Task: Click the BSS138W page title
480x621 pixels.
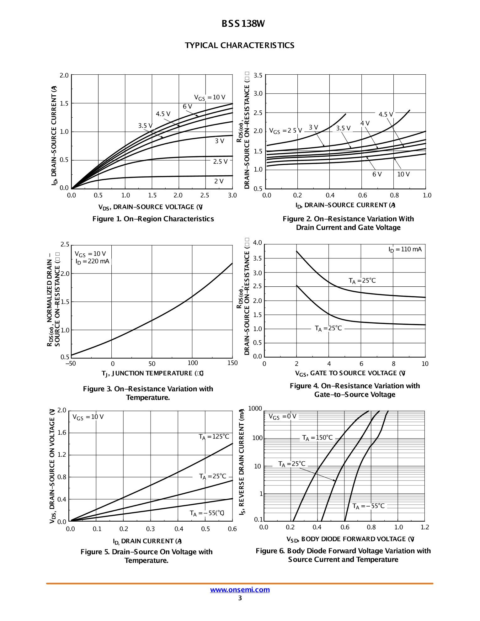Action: point(243,24)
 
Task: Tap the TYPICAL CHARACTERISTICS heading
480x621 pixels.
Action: point(239,45)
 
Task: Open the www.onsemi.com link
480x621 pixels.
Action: point(240,590)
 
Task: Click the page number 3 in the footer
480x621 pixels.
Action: point(240,598)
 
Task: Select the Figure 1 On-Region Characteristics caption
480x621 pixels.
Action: point(153,219)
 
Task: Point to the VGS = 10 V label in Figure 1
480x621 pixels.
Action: point(210,98)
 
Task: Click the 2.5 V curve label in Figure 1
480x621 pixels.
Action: point(220,162)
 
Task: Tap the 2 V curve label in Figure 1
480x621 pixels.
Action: point(219,181)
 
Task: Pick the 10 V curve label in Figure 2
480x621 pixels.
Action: point(403,174)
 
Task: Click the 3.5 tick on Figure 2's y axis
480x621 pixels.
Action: point(258,75)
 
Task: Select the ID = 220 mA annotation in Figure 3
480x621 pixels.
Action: point(93,261)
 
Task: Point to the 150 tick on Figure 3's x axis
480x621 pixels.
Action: point(232,363)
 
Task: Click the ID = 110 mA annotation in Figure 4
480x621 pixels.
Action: point(405,249)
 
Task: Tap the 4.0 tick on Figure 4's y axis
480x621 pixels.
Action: point(257,243)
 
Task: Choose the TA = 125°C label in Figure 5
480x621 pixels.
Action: point(214,437)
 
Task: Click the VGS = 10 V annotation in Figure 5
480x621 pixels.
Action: point(88,417)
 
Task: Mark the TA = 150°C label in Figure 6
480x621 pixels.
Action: point(317,438)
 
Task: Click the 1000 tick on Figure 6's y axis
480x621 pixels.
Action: point(255,408)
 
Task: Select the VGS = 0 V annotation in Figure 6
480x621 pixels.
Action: point(282,417)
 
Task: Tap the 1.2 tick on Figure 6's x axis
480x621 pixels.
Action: point(425,527)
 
